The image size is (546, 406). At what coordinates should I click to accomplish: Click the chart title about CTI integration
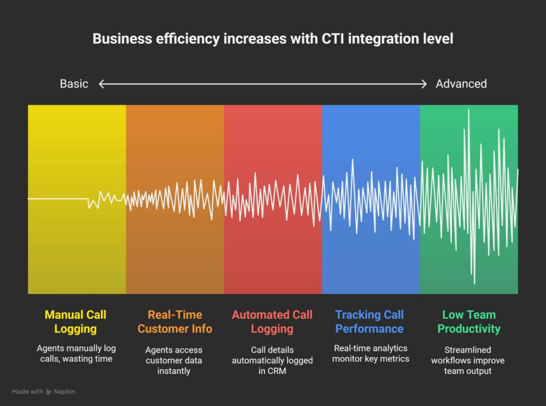(272, 39)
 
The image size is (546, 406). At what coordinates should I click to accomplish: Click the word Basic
(74, 84)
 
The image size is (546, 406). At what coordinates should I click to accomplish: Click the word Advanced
(461, 84)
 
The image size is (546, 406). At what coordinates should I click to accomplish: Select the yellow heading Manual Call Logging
(75, 321)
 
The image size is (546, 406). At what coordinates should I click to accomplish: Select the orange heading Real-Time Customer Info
(174, 321)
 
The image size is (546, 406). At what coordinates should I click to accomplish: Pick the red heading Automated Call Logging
(272, 321)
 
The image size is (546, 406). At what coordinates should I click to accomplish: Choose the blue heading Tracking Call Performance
(370, 321)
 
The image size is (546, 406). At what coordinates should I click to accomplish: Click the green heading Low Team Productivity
(469, 321)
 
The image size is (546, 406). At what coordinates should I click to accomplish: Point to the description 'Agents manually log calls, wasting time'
(75, 353)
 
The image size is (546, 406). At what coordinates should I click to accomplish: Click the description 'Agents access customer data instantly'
(174, 360)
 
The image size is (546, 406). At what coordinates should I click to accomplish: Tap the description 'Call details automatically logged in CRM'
(272, 360)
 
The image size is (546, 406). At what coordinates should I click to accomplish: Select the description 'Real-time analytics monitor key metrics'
(370, 353)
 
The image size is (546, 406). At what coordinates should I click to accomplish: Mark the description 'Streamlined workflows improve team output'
(469, 360)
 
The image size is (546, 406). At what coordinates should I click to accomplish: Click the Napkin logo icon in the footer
(49, 392)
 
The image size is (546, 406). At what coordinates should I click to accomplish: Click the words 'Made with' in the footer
(27, 392)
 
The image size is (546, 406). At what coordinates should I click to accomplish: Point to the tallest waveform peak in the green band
(469, 111)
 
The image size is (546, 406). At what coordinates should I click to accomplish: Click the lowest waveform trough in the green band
(473, 282)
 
